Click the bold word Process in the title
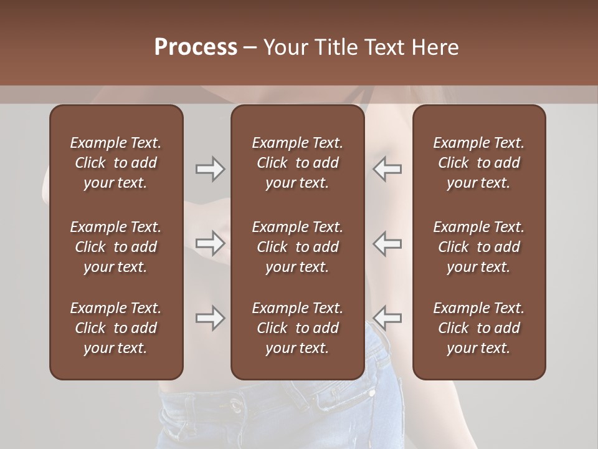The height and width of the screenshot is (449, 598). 196,47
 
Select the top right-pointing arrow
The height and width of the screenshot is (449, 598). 210,169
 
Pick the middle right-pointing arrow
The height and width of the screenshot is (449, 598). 210,243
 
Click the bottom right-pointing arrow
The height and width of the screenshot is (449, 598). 210,318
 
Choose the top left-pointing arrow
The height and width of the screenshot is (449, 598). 387,169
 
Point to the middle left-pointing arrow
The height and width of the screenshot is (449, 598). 387,243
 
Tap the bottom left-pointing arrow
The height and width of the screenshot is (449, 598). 387,318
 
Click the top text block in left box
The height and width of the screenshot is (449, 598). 116,163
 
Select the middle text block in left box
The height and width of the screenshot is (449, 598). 116,247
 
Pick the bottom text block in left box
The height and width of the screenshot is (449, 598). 116,328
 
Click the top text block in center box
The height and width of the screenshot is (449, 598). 297,163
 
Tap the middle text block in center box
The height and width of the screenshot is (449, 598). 297,247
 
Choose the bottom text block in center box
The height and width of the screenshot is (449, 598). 297,328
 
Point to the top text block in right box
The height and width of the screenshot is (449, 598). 478,163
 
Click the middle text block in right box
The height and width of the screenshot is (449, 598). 478,247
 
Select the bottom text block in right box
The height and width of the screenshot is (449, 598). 478,328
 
